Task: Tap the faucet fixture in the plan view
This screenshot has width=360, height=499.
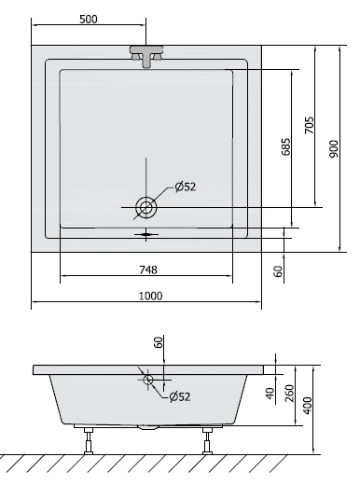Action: (147, 55)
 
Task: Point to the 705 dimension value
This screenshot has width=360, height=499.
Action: (309, 124)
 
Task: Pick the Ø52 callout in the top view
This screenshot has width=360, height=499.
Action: (184, 187)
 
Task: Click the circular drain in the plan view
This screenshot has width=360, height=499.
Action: (147, 206)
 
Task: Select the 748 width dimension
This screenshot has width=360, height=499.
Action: (147, 270)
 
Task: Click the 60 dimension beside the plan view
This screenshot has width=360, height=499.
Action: (278, 270)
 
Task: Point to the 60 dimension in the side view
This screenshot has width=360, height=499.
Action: (159, 343)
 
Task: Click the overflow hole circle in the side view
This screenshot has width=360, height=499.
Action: (147, 379)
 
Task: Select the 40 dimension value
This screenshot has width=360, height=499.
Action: (270, 393)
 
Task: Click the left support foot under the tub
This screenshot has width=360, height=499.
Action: (90, 438)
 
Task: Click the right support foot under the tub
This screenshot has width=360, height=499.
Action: (205, 438)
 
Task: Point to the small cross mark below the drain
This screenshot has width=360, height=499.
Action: (146, 235)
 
